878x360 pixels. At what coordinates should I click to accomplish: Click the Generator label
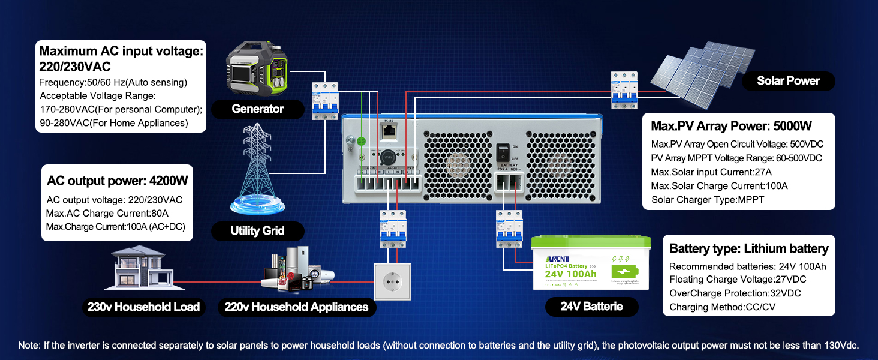point(257,109)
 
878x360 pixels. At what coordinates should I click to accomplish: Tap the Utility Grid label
point(257,231)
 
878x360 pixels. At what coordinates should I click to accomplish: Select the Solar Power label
point(788,81)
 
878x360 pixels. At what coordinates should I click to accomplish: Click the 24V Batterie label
point(591,307)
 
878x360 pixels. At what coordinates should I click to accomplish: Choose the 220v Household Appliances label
point(296,307)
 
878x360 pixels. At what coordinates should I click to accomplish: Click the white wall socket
point(393,281)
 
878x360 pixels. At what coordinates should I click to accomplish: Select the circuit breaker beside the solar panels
point(623,90)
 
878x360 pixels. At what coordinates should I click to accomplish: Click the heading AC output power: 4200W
point(117,181)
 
